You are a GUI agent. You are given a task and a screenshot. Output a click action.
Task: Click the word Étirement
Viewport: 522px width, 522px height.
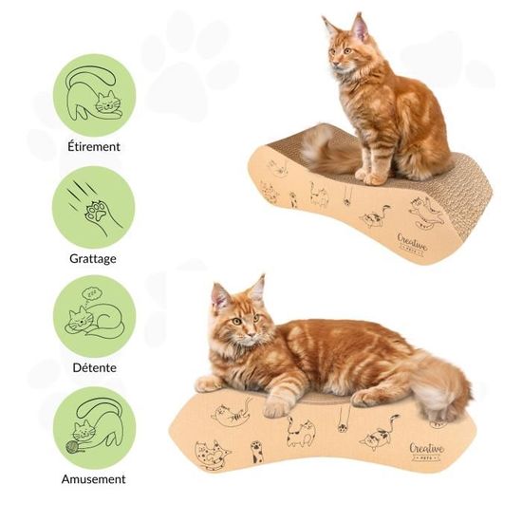pos(93,148)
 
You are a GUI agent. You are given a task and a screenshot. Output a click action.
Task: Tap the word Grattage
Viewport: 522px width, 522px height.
pos(93,257)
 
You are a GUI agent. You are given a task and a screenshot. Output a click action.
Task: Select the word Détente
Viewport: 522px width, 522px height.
pos(93,367)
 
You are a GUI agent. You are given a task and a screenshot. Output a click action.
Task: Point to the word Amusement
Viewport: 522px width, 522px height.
pos(93,479)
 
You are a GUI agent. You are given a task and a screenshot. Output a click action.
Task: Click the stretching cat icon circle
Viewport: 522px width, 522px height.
pos(93,95)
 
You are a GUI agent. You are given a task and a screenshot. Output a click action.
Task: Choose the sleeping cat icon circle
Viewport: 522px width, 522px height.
pos(93,316)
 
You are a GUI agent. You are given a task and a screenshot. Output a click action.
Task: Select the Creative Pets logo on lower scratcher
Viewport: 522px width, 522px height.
pos(426,451)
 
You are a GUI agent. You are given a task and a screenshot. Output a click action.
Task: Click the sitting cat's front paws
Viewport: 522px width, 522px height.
pos(371,177)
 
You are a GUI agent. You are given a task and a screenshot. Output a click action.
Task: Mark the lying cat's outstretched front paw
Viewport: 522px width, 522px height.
pos(211,382)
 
